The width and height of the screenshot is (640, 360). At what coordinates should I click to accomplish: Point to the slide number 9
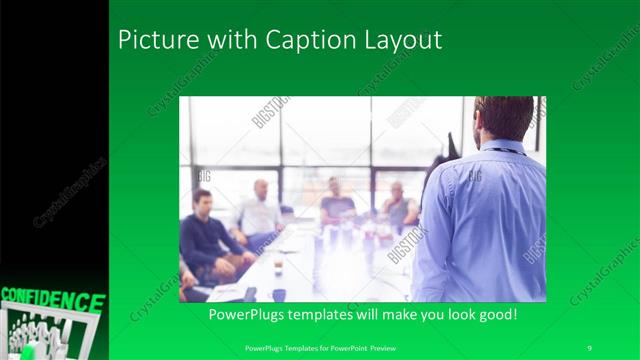590,346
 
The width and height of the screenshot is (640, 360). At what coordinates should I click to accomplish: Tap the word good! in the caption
495,315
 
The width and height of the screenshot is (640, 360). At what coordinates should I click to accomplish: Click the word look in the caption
455,315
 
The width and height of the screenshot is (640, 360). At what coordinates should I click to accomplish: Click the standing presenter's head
504,117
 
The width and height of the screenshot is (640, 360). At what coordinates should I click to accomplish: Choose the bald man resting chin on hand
397,205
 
